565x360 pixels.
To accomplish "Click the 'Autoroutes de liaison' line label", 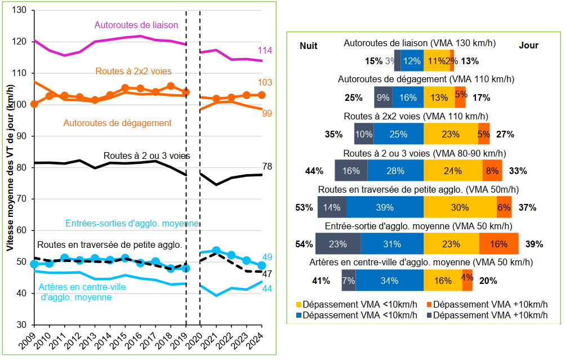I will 136,25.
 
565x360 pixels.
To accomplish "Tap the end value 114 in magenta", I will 265,51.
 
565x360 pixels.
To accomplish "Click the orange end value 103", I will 265,83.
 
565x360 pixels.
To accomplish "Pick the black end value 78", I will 268,166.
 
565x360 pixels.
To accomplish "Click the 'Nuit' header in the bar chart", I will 309,46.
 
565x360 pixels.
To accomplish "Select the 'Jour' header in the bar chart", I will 528,46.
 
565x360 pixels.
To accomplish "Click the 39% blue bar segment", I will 385,207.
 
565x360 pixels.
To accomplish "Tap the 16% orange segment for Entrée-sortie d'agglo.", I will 499,243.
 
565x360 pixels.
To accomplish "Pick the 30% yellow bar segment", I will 460,207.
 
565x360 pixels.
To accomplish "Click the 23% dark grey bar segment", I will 338,243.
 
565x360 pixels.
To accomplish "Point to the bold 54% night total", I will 304,244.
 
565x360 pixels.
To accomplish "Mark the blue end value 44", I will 267,289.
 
